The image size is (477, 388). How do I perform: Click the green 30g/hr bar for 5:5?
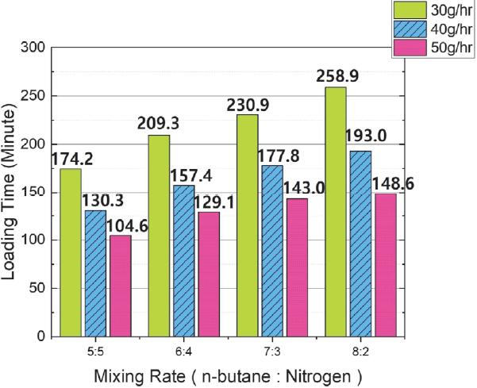coord(71,252)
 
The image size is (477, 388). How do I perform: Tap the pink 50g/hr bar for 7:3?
coord(297,267)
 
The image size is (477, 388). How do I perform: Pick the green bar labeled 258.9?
coord(335,211)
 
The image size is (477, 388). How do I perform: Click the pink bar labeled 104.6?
coord(120,286)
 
